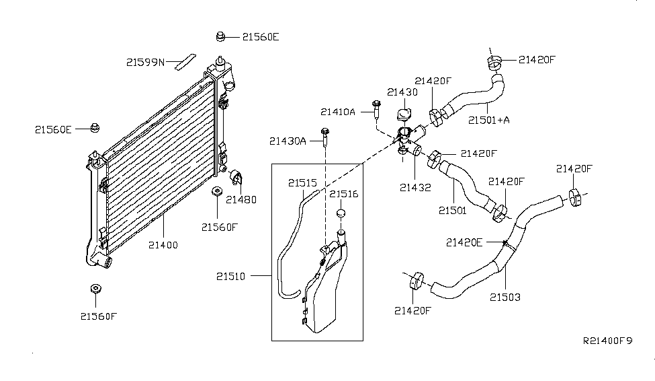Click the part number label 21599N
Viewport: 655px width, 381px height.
pyautogui.click(x=145, y=62)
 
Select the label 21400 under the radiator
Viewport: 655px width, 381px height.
pyautogui.click(x=163, y=245)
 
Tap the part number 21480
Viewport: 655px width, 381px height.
pyautogui.click(x=241, y=199)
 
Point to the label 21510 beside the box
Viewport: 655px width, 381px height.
pyautogui.click(x=233, y=276)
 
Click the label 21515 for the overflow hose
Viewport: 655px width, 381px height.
pyautogui.click(x=303, y=182)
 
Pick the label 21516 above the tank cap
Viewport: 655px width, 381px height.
pyautogui.click(x=343, y=194)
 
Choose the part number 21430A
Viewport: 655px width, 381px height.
pyautogui.click(x=288, y=141)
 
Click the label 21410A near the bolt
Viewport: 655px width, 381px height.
pyautogui.click(x=338, y=112)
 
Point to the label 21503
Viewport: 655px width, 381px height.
pyautogui.click(x=505, y=296)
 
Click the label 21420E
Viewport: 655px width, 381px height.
pyautogui.click(x=464, y=242)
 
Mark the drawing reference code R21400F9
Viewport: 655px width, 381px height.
pyautogui.click(x=607, y=341)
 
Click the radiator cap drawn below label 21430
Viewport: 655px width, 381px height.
pyautogui.click(x=404, y=114)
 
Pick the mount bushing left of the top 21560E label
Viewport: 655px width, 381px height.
pyautogui.click(x=220, y=36)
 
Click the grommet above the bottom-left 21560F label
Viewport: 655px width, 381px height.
pyautogui.click(x=95, y=289)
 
